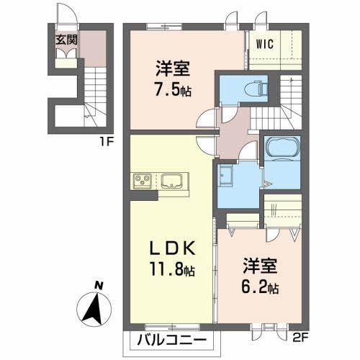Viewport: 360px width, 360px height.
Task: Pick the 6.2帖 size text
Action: point(261,288)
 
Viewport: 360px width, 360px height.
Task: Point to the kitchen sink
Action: point(173,180)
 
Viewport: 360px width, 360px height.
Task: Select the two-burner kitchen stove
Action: point(141,180)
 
